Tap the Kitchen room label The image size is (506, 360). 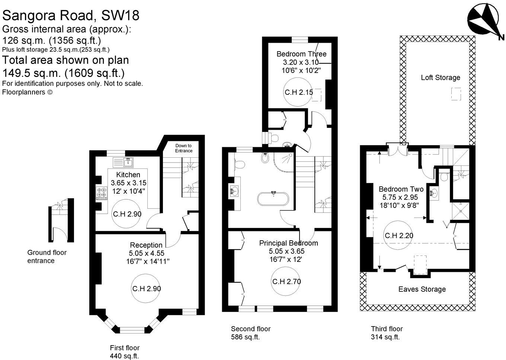128,174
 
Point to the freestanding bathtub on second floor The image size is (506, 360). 273,199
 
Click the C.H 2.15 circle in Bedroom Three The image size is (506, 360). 298,92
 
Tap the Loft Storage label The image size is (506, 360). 440,77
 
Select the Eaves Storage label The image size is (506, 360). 422,289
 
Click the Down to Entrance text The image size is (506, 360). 183,148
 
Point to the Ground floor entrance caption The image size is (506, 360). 47,257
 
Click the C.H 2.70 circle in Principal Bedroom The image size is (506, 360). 286,281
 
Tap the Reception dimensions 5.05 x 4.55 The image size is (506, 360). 146,253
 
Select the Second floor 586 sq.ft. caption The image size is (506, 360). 250,333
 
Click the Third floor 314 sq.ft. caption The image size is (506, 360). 387,333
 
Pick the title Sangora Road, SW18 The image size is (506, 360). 71,15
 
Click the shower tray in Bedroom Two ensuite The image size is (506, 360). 460,211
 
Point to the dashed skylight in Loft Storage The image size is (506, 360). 456,94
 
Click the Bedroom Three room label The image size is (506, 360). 301,54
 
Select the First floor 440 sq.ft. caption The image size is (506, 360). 125,352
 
